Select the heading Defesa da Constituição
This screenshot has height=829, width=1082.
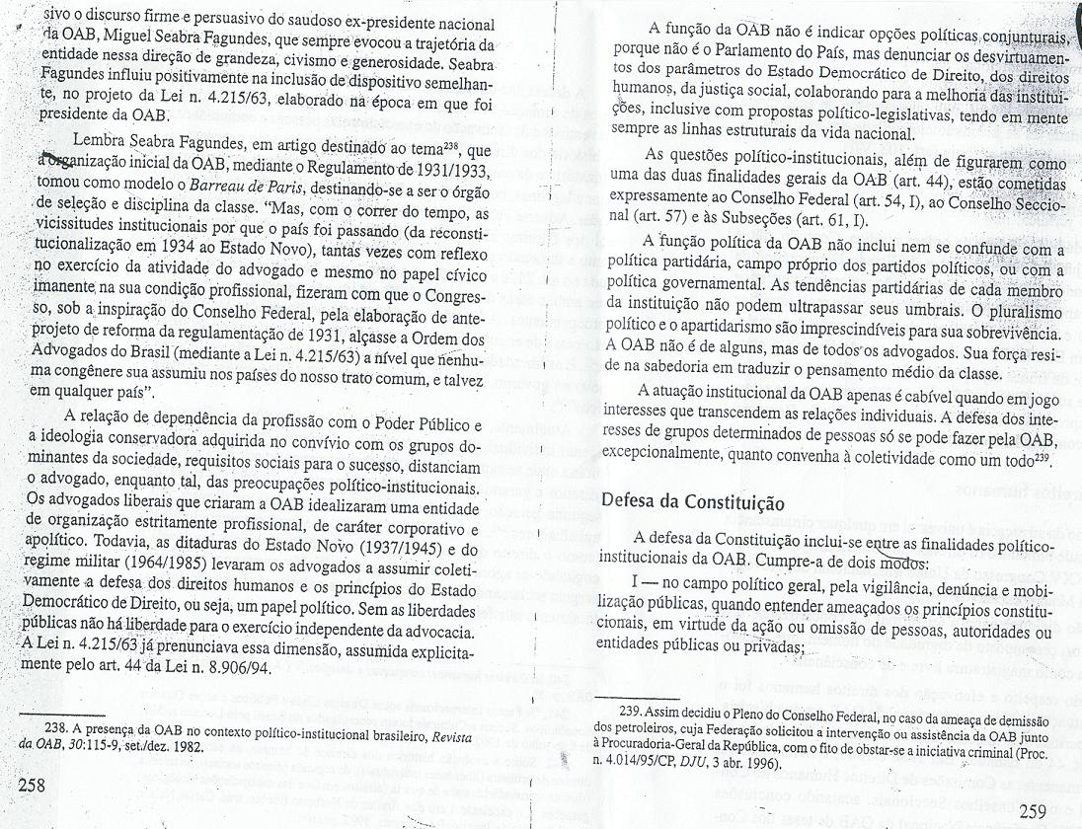(693, 499)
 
